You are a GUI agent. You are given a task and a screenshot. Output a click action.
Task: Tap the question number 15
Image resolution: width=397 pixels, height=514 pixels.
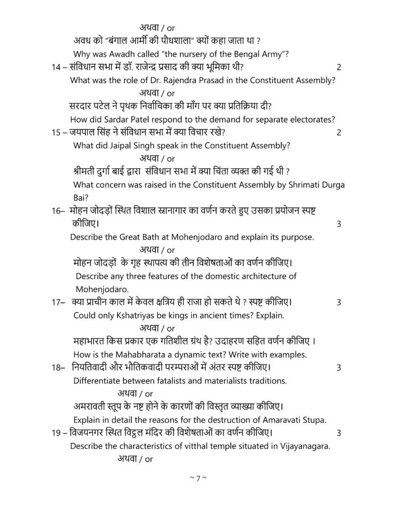click(56, 133)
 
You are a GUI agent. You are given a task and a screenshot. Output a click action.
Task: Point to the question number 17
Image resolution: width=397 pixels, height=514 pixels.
click(57, 302)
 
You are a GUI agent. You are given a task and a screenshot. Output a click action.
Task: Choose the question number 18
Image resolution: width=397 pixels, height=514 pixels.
click(57, 367)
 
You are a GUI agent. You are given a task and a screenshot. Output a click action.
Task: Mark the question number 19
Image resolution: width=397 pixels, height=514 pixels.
click(56, 433)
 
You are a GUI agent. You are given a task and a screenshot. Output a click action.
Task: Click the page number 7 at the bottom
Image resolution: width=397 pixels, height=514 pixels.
click(198, 478)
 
